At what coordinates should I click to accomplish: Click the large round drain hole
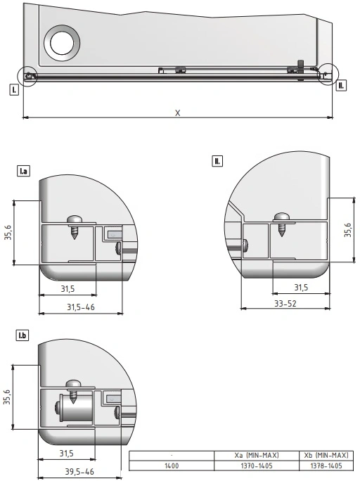pyautogui.click(x=62, y=43)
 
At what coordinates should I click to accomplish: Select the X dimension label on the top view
pyautogui.click(x=178, y=113)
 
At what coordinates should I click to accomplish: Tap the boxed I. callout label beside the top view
pyautogui.click(x=14, y=90)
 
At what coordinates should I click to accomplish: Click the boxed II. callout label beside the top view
pyautogui.click(x=341, y=86)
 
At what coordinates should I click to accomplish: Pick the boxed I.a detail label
pyautogui.click(x=23, y=171)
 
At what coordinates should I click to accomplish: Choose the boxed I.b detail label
pyautogui.click(x=22, y=335)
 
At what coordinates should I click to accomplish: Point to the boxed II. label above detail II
pyautogui.click(x=217, y=161)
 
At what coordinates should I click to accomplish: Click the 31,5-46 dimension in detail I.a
pyautogui.click(x=81, y=307)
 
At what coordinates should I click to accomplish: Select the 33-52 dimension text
pyautogui.click(x=285, y=303)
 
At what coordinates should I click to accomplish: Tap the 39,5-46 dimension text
pyautogui.click(x=79, y=471)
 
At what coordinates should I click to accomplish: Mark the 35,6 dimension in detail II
pyautogui.click(x=348, y=230)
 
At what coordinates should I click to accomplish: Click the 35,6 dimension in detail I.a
pyautogui.click(x=8, y=233)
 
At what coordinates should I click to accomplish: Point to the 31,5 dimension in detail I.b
pyautogui.click(x=66, y=453)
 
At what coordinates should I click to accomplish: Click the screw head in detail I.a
pyautogui.click(x=75, y=219)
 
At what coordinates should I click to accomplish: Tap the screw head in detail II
pyautogui.click(x=282, y=217)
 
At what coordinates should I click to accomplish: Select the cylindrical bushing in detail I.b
pyautogui.click(x=76, y=408)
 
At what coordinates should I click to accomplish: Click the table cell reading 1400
pyautogui.click(x=172, y=466)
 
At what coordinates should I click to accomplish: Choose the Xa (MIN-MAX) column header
pyautogui.click(x=257, y=455)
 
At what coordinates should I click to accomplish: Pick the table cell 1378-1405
pyautogui.click(x=326, y=466)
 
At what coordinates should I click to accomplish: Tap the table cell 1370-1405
pyautogui.click(x=257, y=466)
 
